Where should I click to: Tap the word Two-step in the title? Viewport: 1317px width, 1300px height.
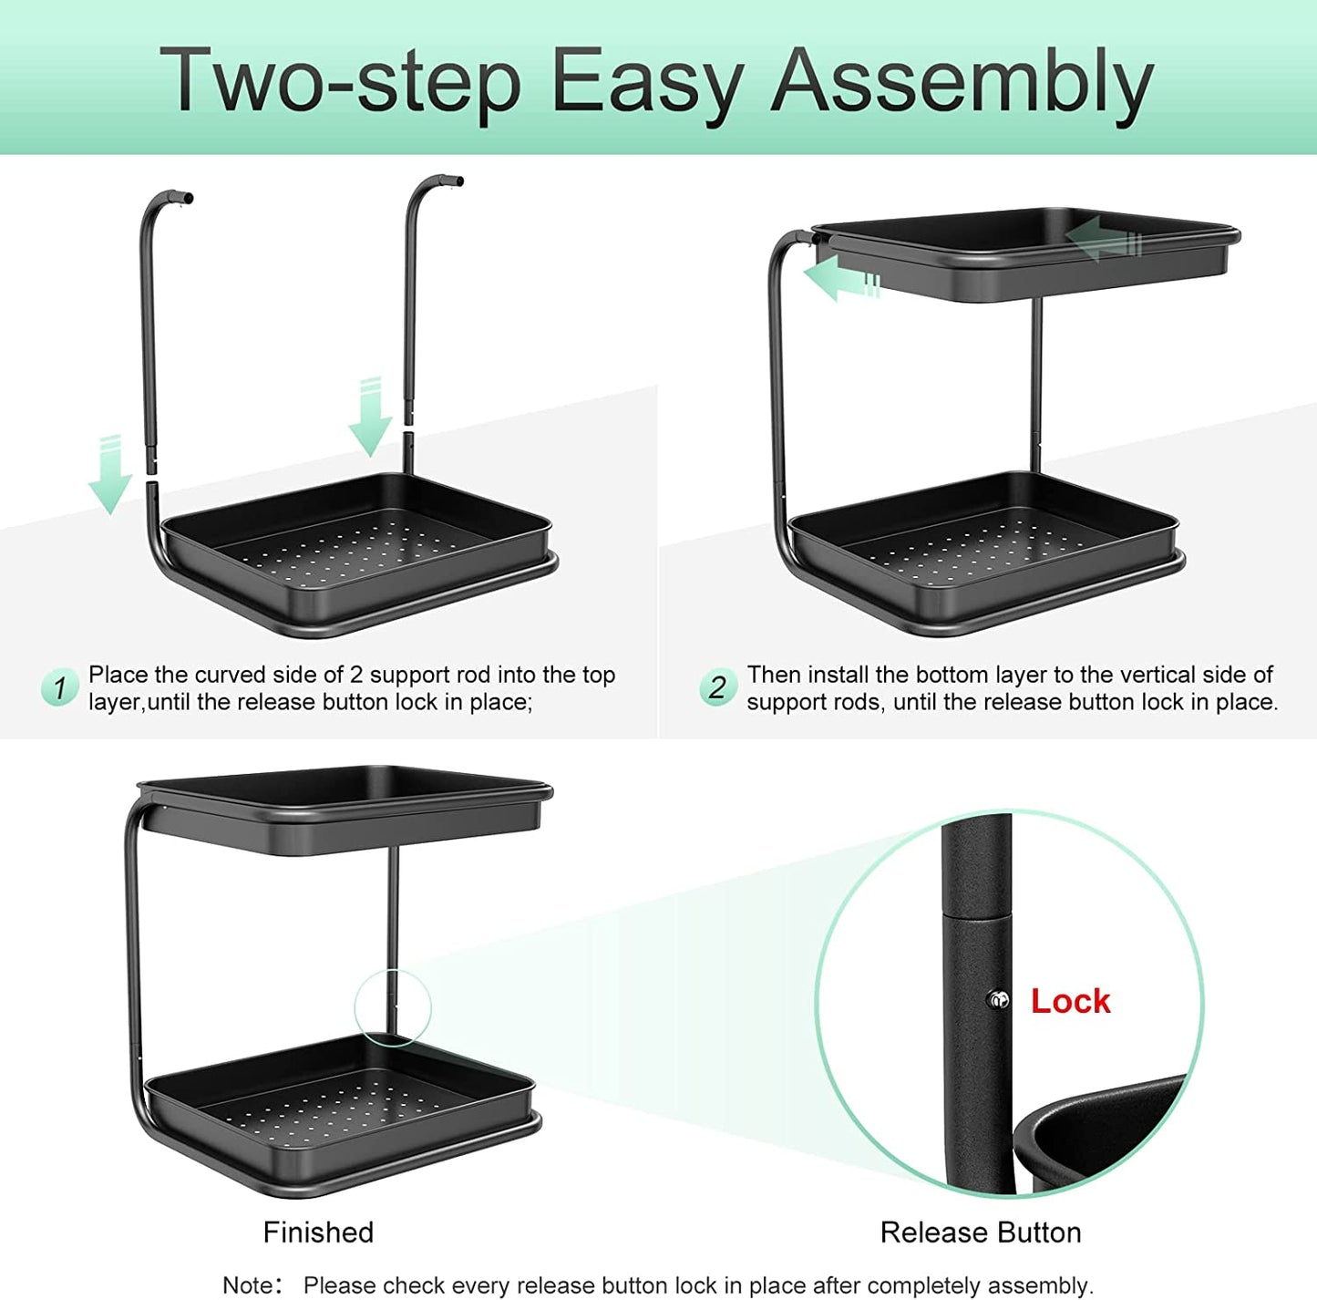(340, 82)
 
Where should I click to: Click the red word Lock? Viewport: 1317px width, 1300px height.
(1070, 1001)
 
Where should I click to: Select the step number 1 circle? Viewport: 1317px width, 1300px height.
(59, 687)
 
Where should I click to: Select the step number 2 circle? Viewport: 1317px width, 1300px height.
(718, 687)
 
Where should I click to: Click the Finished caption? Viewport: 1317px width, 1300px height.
(318, 1233)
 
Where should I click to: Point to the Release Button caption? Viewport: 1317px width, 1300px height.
(981, 1233)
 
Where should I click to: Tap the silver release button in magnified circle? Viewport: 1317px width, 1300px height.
(999, 1000)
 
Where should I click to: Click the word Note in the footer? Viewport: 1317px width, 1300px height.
(247, 1285)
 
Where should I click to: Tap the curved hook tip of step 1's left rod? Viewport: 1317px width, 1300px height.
(187, 199)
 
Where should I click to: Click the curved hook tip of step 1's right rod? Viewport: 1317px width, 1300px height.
(458, 181)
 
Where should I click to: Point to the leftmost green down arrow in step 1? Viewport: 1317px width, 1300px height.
(109, 475)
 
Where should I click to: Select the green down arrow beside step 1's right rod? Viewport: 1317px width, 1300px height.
(370, 416)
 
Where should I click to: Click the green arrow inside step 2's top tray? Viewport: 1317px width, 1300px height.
(1103, 239)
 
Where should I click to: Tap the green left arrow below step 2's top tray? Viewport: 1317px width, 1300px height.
(841, 278)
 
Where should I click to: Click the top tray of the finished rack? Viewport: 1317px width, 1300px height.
(345, 810)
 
